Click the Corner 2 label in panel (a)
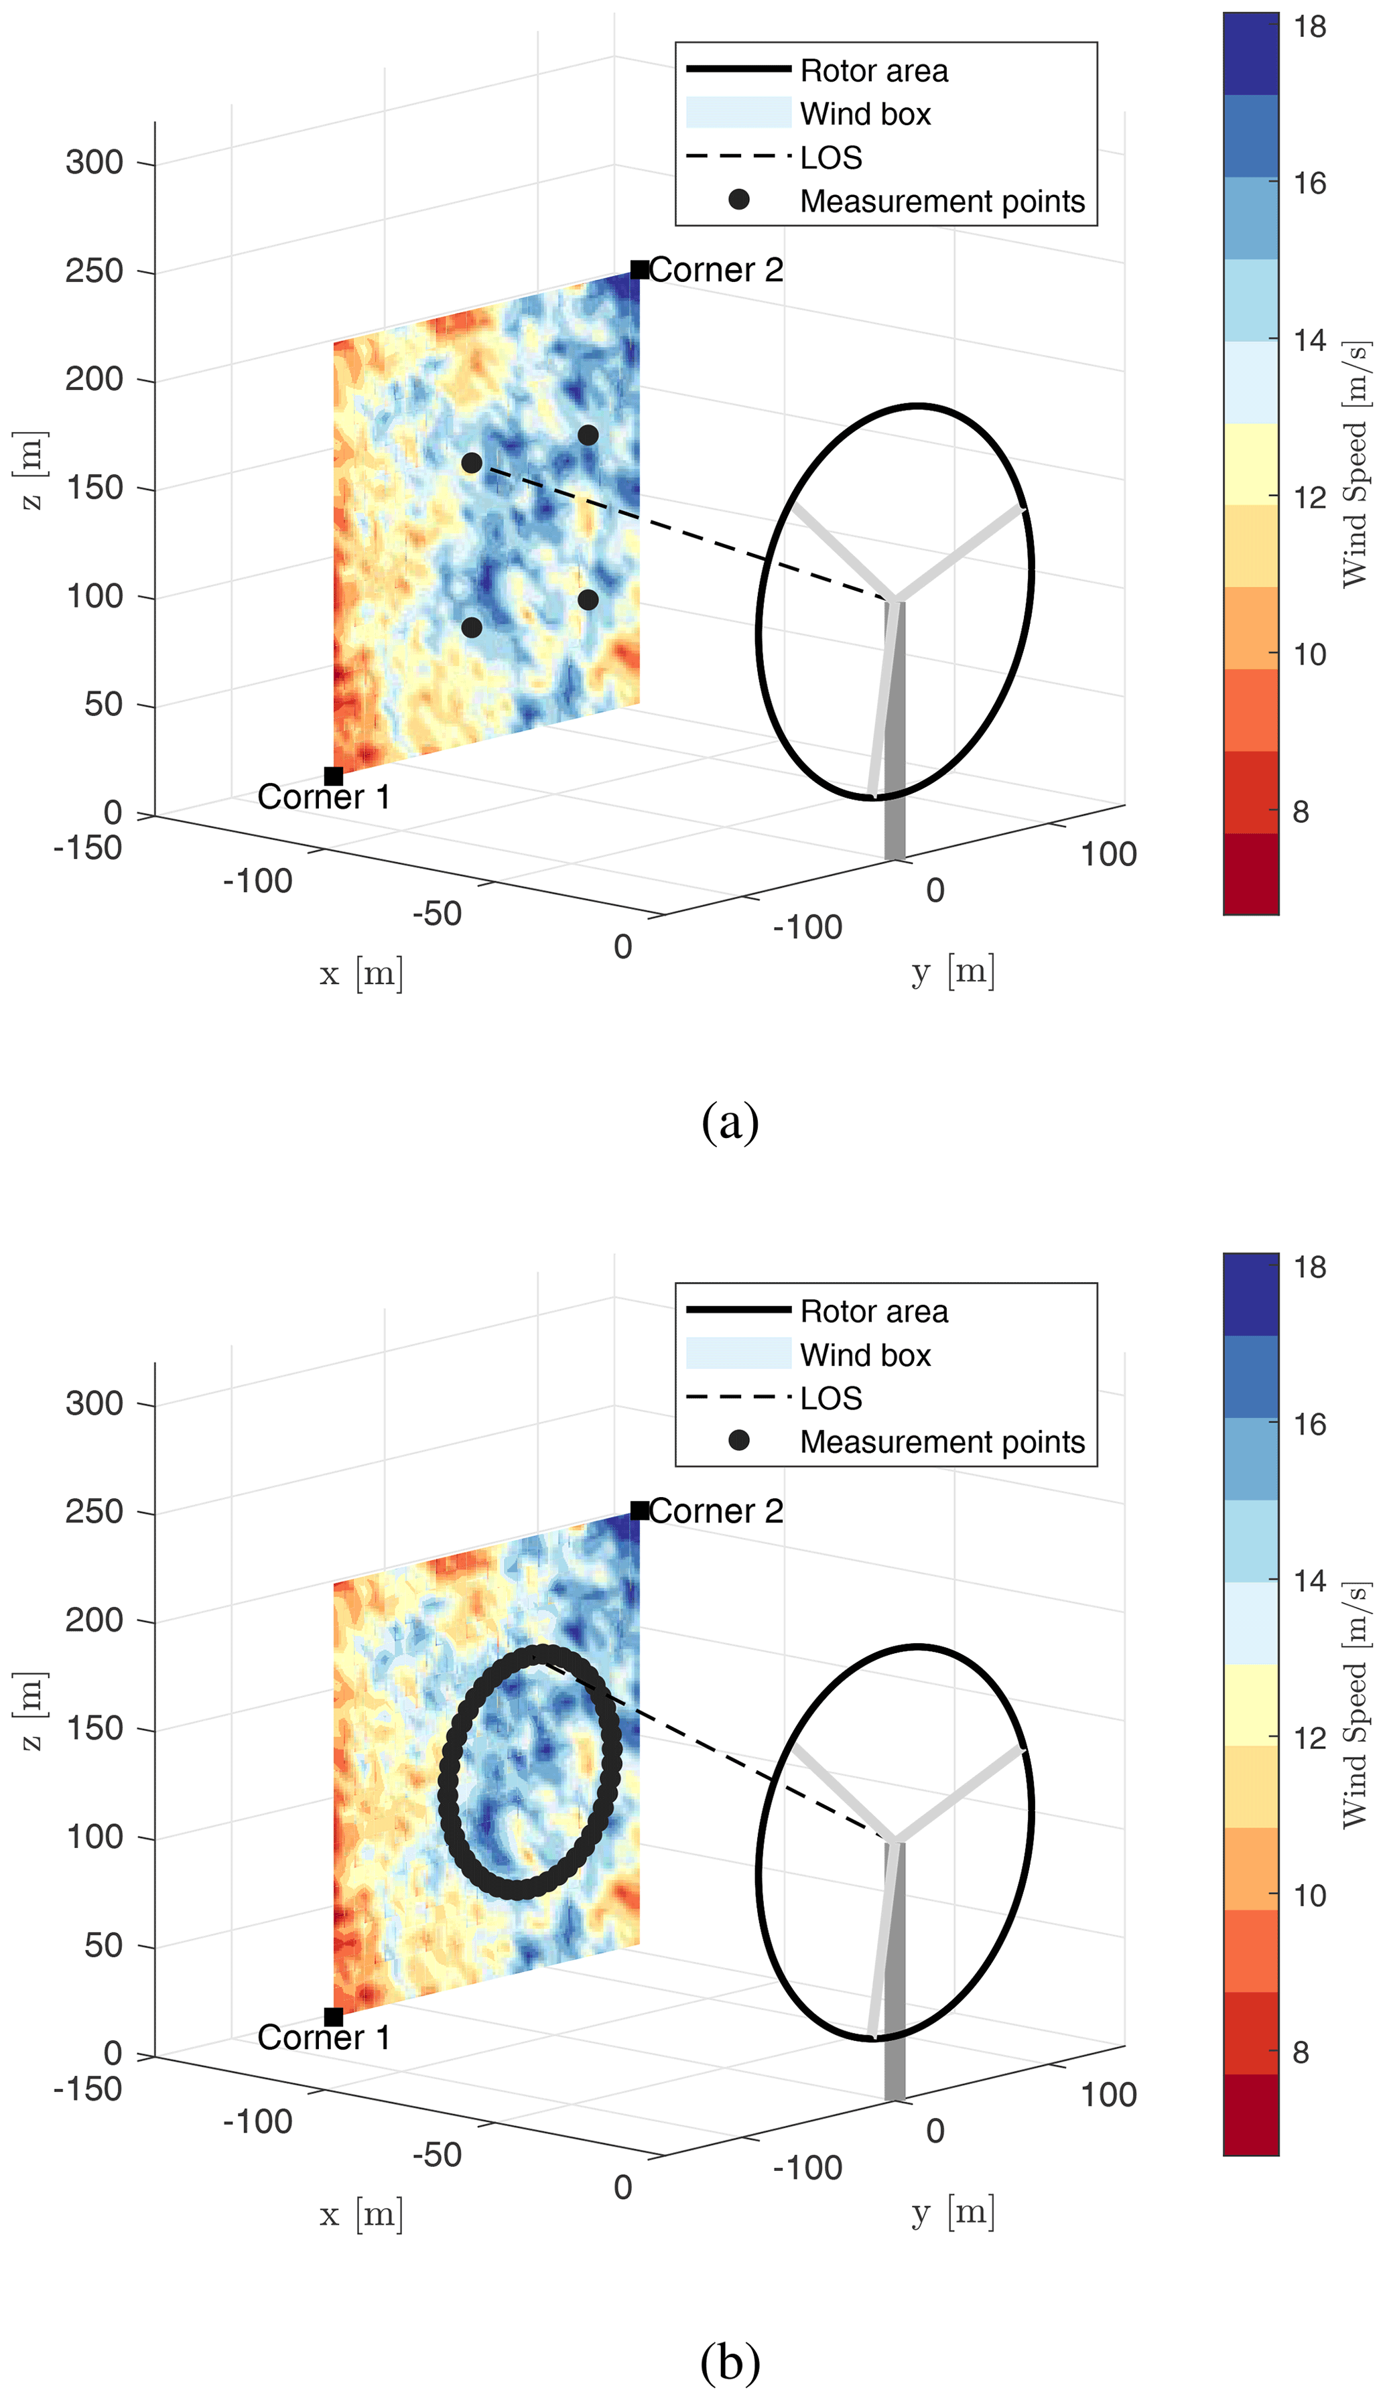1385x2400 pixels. (x=716, y=270)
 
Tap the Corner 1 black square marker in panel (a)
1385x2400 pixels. (x=333, y=776)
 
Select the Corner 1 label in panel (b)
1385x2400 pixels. (x=324, y=2038)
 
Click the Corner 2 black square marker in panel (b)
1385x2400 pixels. (x=639, y=1510)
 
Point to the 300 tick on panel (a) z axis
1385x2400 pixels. (x=94, y=163)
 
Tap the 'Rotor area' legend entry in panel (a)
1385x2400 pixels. (x=873, y=70)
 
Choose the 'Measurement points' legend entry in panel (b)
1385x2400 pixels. (x=941, y=1441)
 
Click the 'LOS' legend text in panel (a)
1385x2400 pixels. (x=830, y=158)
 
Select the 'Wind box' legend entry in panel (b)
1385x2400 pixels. (x=864, y=1355)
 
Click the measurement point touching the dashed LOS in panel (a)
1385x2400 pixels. (x=472, y=463)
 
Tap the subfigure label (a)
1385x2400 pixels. (x=730, y=1123)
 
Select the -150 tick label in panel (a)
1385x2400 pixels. (x=88, y=847)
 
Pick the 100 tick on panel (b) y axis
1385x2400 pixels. (x=1108, y=2095)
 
